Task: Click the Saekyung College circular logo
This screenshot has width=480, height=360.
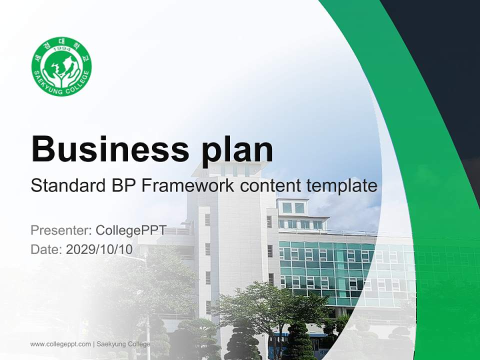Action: tap(61, 66)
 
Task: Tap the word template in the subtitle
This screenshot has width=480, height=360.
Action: tap(341, 186)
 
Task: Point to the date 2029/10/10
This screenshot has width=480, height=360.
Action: tap(99, 249)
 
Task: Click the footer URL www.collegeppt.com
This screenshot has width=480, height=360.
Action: tap(60, 344)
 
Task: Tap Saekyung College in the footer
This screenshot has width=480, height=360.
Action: tap(123, 344)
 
